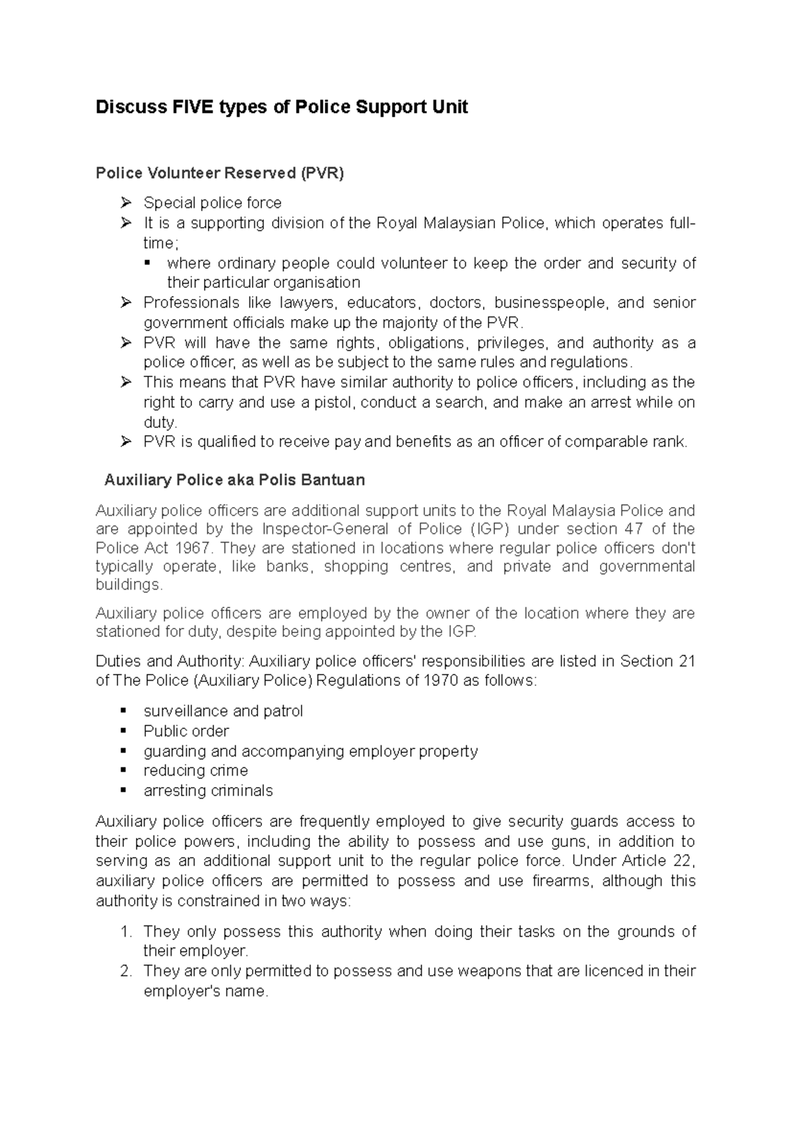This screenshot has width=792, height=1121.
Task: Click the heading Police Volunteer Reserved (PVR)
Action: click(220, 174)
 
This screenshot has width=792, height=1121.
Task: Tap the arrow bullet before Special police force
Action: click(126, 203)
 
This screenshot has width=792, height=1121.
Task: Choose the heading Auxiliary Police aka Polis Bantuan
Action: click(234, 480)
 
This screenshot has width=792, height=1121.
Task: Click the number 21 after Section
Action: click(686, 662)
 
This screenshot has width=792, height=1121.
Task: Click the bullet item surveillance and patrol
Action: click(223, 711)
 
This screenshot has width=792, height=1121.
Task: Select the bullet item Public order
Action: click(186, 731)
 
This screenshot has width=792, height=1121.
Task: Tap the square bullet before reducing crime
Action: click(123, 770)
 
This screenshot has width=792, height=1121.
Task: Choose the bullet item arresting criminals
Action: click(208, 791)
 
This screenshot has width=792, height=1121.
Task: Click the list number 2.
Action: click(127, 971)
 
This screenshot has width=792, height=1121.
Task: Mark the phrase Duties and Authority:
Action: click(170, 662)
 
